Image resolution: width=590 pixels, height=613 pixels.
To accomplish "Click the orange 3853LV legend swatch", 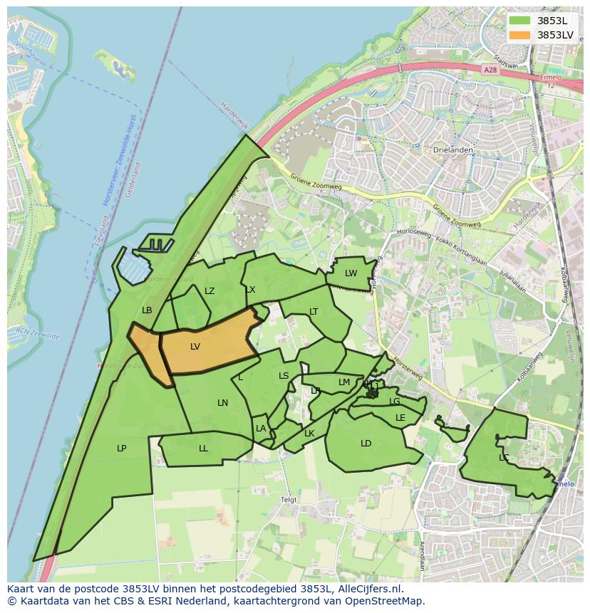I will click(520, 35).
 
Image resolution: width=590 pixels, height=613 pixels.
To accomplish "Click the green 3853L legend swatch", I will click(520, 20).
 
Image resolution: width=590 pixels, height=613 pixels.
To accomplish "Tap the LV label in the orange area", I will click(195, 347).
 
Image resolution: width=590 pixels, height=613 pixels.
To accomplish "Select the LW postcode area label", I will click(351, 273).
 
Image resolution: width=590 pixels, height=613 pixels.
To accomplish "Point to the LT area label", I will click(314, 311).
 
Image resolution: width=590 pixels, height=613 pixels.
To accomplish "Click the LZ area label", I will click(209, 290).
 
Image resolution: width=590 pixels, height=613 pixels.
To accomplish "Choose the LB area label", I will click(147, 310).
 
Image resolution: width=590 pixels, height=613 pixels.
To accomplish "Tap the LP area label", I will click(122, 448).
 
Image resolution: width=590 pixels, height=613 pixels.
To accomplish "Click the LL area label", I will click(203, 448).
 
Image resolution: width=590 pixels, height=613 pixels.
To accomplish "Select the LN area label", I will click(222, 402).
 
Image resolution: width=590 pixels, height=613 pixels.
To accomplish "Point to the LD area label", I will click(366, 443).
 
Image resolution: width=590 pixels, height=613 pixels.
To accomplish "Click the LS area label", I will click(284, 375).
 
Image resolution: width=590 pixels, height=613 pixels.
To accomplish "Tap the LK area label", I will click(309, 433).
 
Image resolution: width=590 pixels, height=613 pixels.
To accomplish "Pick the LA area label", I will click(261, 428).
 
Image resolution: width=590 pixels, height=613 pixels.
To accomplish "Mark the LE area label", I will click(400, 417).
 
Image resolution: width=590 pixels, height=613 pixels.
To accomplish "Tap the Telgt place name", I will click(289, 499).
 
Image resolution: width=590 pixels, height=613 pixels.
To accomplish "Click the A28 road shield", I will click(489, 70).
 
